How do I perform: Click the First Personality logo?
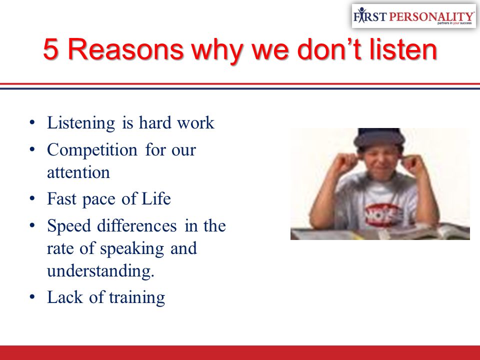click(x=413, y=16)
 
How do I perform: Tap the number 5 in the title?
click(x=50, y=49)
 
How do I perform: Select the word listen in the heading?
click(x=403, y=49)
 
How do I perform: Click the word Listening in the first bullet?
click(x=81, y=123)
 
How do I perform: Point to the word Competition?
click(x=92, y=150)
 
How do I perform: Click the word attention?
click(x=78, y=172)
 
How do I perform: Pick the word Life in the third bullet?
click(x=156, y=198)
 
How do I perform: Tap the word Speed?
click(x=69, y=226)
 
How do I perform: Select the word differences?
click(x=137, y=225)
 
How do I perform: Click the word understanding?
click(x=100, y=271)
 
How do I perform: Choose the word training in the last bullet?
click(x=137, y=297)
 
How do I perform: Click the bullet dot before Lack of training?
click(x=32, y=297)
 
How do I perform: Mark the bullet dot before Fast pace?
click(x=32, y=198)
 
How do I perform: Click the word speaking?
click(x=132, y=249)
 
